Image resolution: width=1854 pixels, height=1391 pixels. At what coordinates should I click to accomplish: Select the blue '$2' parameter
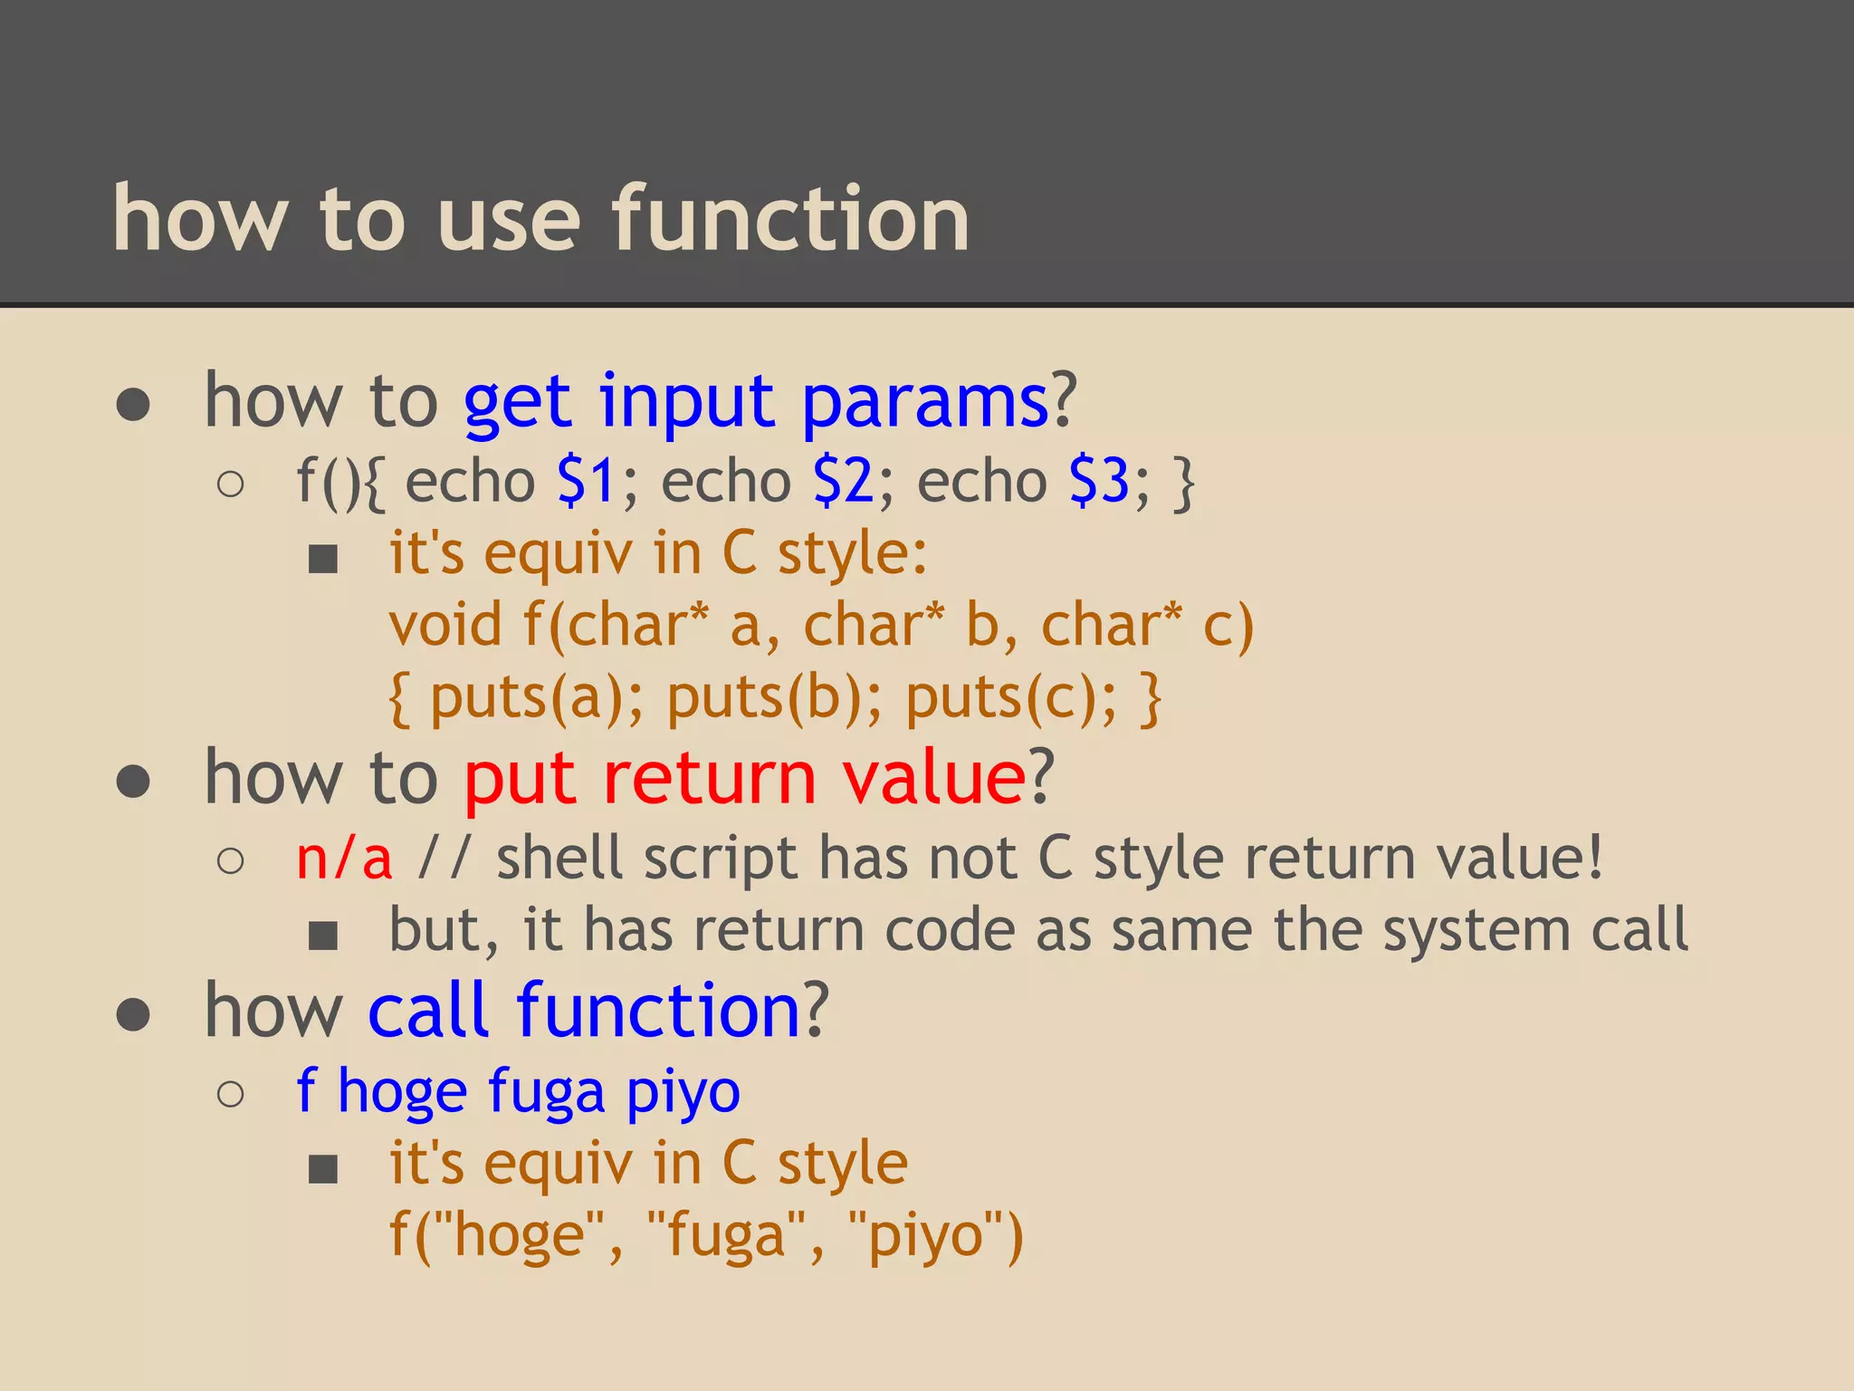[843, 481]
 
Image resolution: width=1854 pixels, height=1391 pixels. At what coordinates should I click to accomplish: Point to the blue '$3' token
[1099, 481]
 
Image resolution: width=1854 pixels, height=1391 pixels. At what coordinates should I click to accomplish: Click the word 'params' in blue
[924, 404]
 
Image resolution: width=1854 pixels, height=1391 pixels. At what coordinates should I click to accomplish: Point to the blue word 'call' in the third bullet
[429, 1011]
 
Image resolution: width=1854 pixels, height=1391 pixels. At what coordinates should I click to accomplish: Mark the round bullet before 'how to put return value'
[133, 782]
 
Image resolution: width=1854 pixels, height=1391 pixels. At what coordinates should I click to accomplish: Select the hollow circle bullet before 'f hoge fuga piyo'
[231, 1094]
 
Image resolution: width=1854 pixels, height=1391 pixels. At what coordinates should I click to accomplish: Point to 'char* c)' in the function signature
[1147, 626]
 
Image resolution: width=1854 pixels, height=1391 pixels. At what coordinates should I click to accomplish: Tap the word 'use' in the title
[508, 219]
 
